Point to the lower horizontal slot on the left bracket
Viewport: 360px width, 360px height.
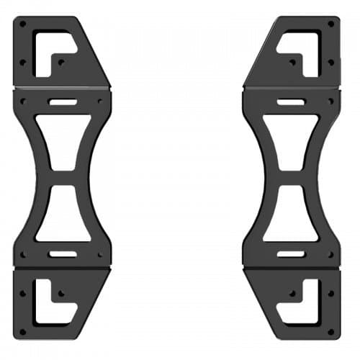click(x=63, y=253)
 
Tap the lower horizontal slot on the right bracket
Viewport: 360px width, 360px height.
click(x=291, y=253)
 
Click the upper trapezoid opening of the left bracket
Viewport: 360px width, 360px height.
click(x=63, y=141)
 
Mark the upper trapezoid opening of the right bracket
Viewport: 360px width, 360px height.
click(x=291, y=141)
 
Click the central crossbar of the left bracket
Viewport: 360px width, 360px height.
click(x=63, y=178)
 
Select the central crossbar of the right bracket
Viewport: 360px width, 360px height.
click(x=291, y=178)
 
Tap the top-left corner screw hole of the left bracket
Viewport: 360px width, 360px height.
click(x=22, y=24)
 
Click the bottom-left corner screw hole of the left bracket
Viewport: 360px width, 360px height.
click(x=22, y=332)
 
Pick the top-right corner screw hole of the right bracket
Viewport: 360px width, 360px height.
click(x=331, y=24)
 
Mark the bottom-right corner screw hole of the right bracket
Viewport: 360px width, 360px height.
click(x=331, y=332)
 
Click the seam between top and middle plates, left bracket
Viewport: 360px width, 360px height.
click(x=62, y=89)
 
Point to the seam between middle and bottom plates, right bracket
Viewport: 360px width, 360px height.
click(x=291, y=268)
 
